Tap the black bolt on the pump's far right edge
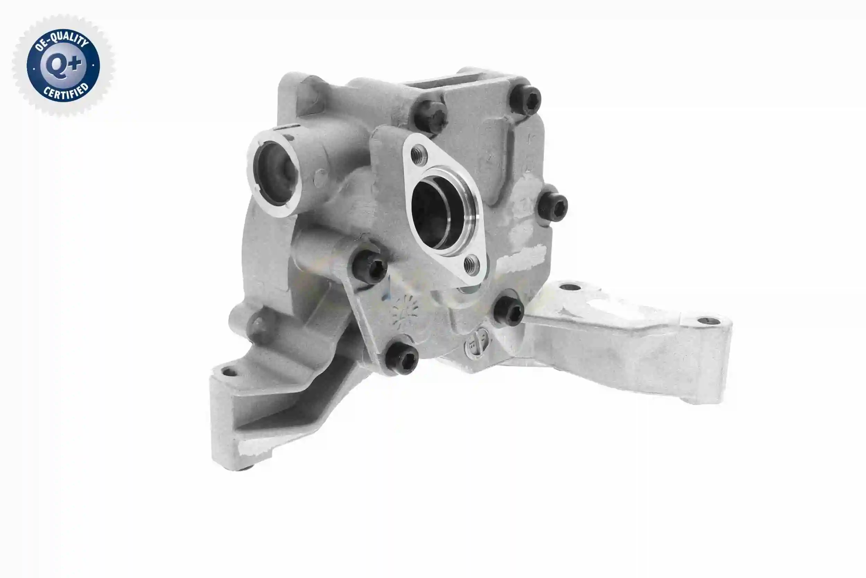(x=552, y=206)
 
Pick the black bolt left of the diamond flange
(x=369, y=266)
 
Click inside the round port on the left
(x=275, y=173)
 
